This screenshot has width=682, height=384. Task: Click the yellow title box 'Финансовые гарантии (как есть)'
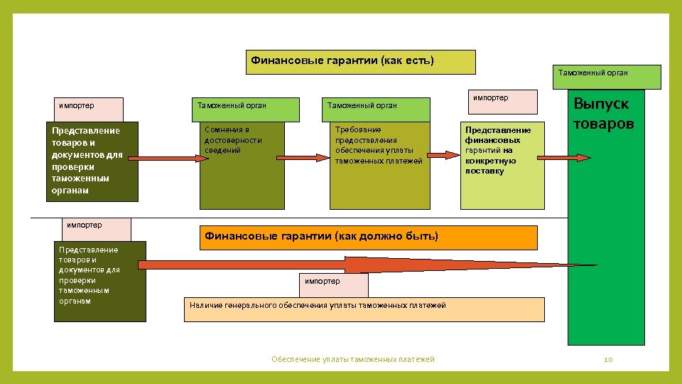click(360, 62)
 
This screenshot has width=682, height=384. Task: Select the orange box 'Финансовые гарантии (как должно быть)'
click(369, 238)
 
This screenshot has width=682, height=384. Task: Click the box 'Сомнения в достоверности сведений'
click(242, 166)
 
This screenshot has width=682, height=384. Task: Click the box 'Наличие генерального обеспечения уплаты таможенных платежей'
click(364, 309)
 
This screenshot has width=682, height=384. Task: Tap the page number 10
click(608, 360)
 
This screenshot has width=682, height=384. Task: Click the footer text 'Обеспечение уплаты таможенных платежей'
click(353, 360)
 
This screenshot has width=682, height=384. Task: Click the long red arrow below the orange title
click(355, 265)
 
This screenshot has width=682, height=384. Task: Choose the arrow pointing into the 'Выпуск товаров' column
click(578, 156)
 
